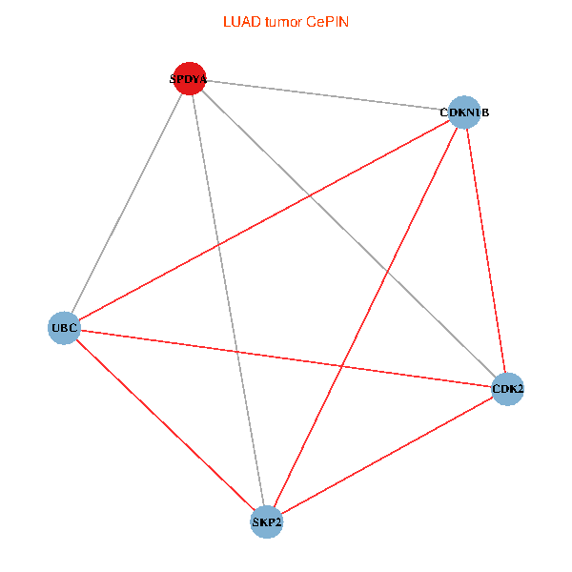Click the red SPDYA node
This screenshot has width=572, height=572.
[188, 79]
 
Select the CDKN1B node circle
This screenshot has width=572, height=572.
[463, 112]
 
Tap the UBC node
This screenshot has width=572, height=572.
[64, 328]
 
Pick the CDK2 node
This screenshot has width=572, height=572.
[507, 388]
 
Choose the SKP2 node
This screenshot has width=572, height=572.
[267, 521]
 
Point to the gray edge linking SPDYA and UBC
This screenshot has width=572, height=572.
[126, 203]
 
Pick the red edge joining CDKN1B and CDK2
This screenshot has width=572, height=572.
[485, 250]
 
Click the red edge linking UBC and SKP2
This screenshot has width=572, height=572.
[165, 424]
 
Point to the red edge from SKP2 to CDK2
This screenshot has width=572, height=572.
[387, 455]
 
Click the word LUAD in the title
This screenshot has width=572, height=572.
[238, 21]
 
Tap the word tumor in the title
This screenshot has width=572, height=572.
[280, 21]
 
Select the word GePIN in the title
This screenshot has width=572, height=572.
[327, 21]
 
